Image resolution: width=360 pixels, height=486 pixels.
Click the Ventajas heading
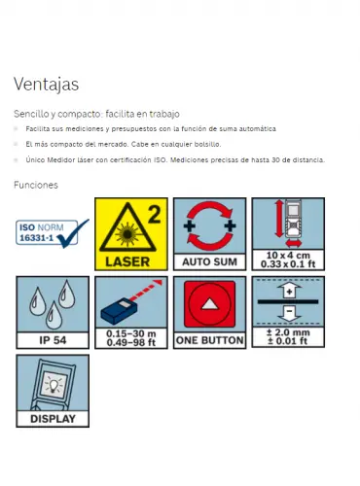(x=46, y=85)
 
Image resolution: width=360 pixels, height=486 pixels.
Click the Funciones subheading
(x=36, y=185)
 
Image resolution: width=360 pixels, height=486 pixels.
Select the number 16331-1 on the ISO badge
(x=36, y=238)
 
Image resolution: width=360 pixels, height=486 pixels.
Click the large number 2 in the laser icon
(x=155, y=214)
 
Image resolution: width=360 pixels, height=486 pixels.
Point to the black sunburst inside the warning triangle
(x=127, y=234)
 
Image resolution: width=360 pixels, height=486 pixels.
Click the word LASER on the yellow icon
(x=127, y=261)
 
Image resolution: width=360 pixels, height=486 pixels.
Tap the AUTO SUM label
(x=209, y=261)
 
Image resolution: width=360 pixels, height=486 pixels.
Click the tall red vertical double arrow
(x=279, y=219)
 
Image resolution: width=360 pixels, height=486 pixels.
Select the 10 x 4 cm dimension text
(x=288, y=256)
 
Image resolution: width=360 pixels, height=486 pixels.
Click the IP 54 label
(x=53, y=340)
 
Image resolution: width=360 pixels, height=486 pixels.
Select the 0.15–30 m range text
(x=131, y=333)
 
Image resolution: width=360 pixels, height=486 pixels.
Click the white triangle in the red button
(x=209, y=304)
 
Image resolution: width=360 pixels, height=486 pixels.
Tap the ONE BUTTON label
(x=209, y=340)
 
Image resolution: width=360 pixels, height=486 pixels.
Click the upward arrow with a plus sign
(x=289, y=291)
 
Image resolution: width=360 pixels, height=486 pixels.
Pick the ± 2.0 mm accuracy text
(x=288, y=332)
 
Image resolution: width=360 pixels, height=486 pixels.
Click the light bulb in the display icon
(x=54, y=386)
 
